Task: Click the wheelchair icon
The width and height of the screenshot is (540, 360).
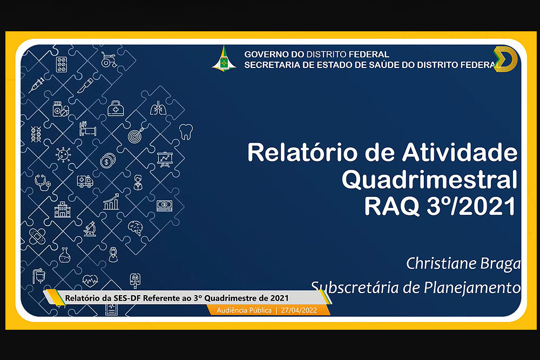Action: pyautogui.click(x=109, y=59)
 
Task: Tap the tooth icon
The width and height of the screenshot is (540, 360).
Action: pyautogui.click(x=186, y=132)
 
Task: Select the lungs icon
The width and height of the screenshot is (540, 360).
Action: pyautogui.click(x=158, y=108)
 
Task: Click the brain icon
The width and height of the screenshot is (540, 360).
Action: pyautogui.click(x=136, y=228)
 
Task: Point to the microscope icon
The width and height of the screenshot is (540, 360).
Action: pyautogui.click(x=90, y=229)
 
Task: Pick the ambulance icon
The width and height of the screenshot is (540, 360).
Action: pyautogui.click(x=85, y=181)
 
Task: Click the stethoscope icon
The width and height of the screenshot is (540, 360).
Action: pyautogui.click(x=42, y=182)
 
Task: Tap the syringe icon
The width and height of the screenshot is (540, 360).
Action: pyautogui.click(x=37, y=85)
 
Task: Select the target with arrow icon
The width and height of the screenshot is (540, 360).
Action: pyautogui.click(x=136, y=135)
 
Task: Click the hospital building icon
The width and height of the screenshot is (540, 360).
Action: pyautogui.click(x=62, y=209)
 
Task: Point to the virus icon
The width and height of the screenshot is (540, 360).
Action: pyautogui.click(x=63, y=154)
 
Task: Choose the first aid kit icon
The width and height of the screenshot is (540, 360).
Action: pyautogui.click(x=116, y=108)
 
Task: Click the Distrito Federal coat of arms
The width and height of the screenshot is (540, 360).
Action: pyautogui.click(x=224, y=58)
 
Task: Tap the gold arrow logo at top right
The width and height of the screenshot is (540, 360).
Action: pyautogui.click(x=506, y=59)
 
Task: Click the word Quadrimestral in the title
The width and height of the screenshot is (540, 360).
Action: pyautogui.click(x=429, y=180)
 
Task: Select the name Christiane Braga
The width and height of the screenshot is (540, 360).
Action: pyautogui.click(x=463, y=263)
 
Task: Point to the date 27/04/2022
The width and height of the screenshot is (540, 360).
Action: pyautogui.click(x=299, y=310)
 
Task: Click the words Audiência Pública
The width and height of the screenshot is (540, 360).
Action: pyautogui.click(x=244, y=310)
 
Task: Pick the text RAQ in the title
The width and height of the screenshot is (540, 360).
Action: pyautogui.click(x=392, y=206)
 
